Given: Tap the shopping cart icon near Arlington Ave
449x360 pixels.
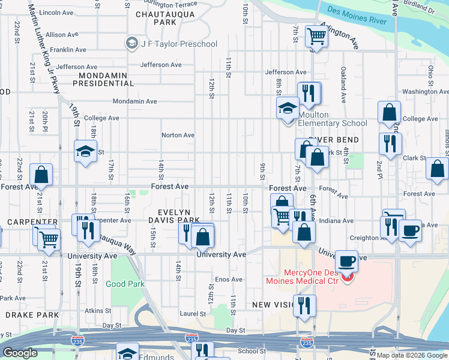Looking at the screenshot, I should click(x=316, y=37).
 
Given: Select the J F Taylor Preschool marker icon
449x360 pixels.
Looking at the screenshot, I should click(x=131, y=43).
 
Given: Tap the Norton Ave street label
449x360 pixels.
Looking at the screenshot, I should click(x=178, y=135).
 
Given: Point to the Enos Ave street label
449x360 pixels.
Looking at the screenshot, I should click(x=229, y=280).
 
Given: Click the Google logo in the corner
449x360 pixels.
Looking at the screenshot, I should click(x=20, y=353).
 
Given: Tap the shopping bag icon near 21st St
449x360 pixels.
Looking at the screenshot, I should click(x=41, y=175).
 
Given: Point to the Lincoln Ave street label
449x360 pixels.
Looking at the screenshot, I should click(x=55, y=12).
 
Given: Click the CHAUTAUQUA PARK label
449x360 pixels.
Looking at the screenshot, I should click(x=155, y=17).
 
